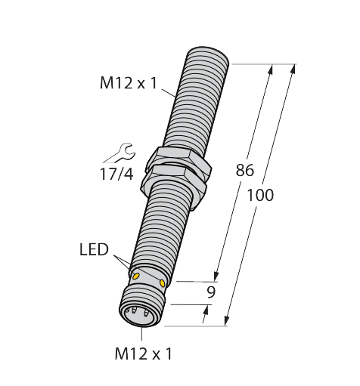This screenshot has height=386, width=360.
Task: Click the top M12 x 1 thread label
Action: point(128,83)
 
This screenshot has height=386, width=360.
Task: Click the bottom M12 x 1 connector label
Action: point(143,352)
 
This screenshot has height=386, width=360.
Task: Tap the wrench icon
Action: point(116,153)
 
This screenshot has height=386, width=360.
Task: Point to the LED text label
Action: point(94,249)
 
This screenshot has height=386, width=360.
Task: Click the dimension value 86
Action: point(244,171)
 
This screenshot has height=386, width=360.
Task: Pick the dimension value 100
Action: point(261,195)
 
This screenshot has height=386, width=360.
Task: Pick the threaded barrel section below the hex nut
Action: point(160,227)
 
